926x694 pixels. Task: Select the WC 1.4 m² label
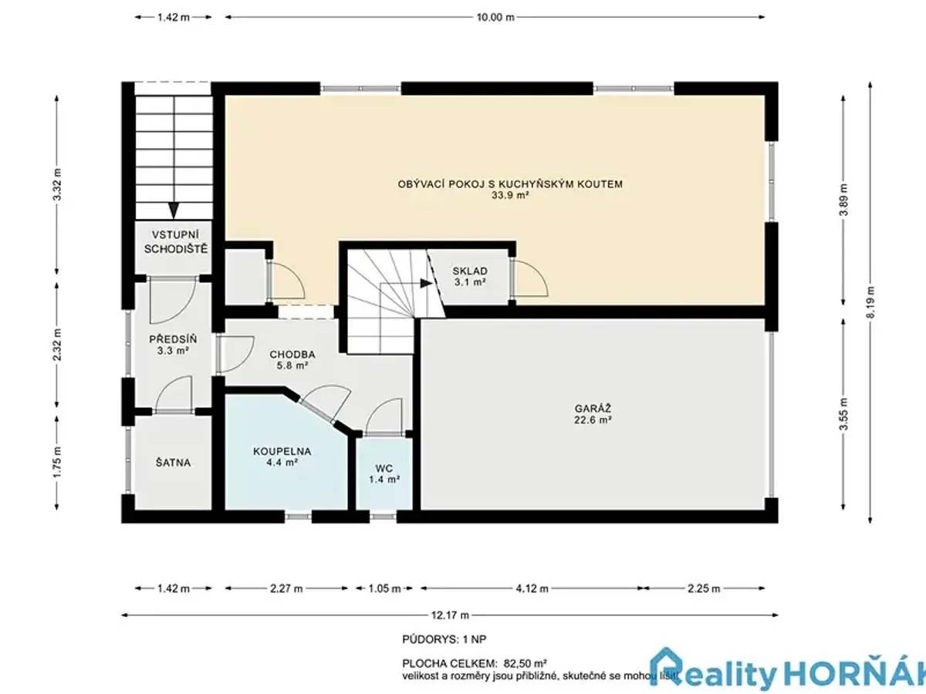coord(384,473)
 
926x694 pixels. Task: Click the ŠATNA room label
coord(173,463)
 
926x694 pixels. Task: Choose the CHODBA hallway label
coord(292,355)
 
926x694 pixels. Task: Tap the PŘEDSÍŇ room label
coord(173,339)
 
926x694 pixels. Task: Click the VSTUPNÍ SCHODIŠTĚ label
coord(176,242)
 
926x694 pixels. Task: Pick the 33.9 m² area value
coord(510,195)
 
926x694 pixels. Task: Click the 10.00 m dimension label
coord(495,17)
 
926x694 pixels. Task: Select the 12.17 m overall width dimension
coord(450,615)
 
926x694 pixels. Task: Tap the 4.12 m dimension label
coord(532,588)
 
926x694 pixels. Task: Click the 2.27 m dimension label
coord(286,588)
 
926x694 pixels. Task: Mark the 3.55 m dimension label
coord(843,414)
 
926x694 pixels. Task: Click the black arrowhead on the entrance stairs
coord(174,211)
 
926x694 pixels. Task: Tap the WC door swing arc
coord(384,415)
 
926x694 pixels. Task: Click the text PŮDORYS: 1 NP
coord(444,639)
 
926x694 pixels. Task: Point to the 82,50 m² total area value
coord(526,664)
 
